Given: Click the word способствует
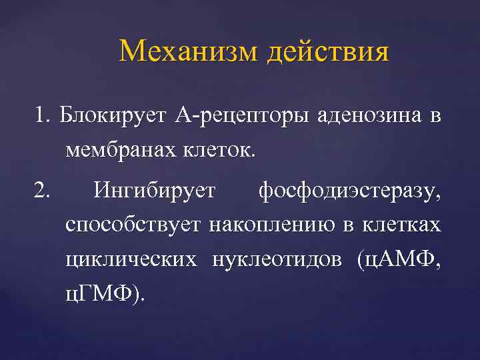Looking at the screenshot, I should (x=133, y=226).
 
